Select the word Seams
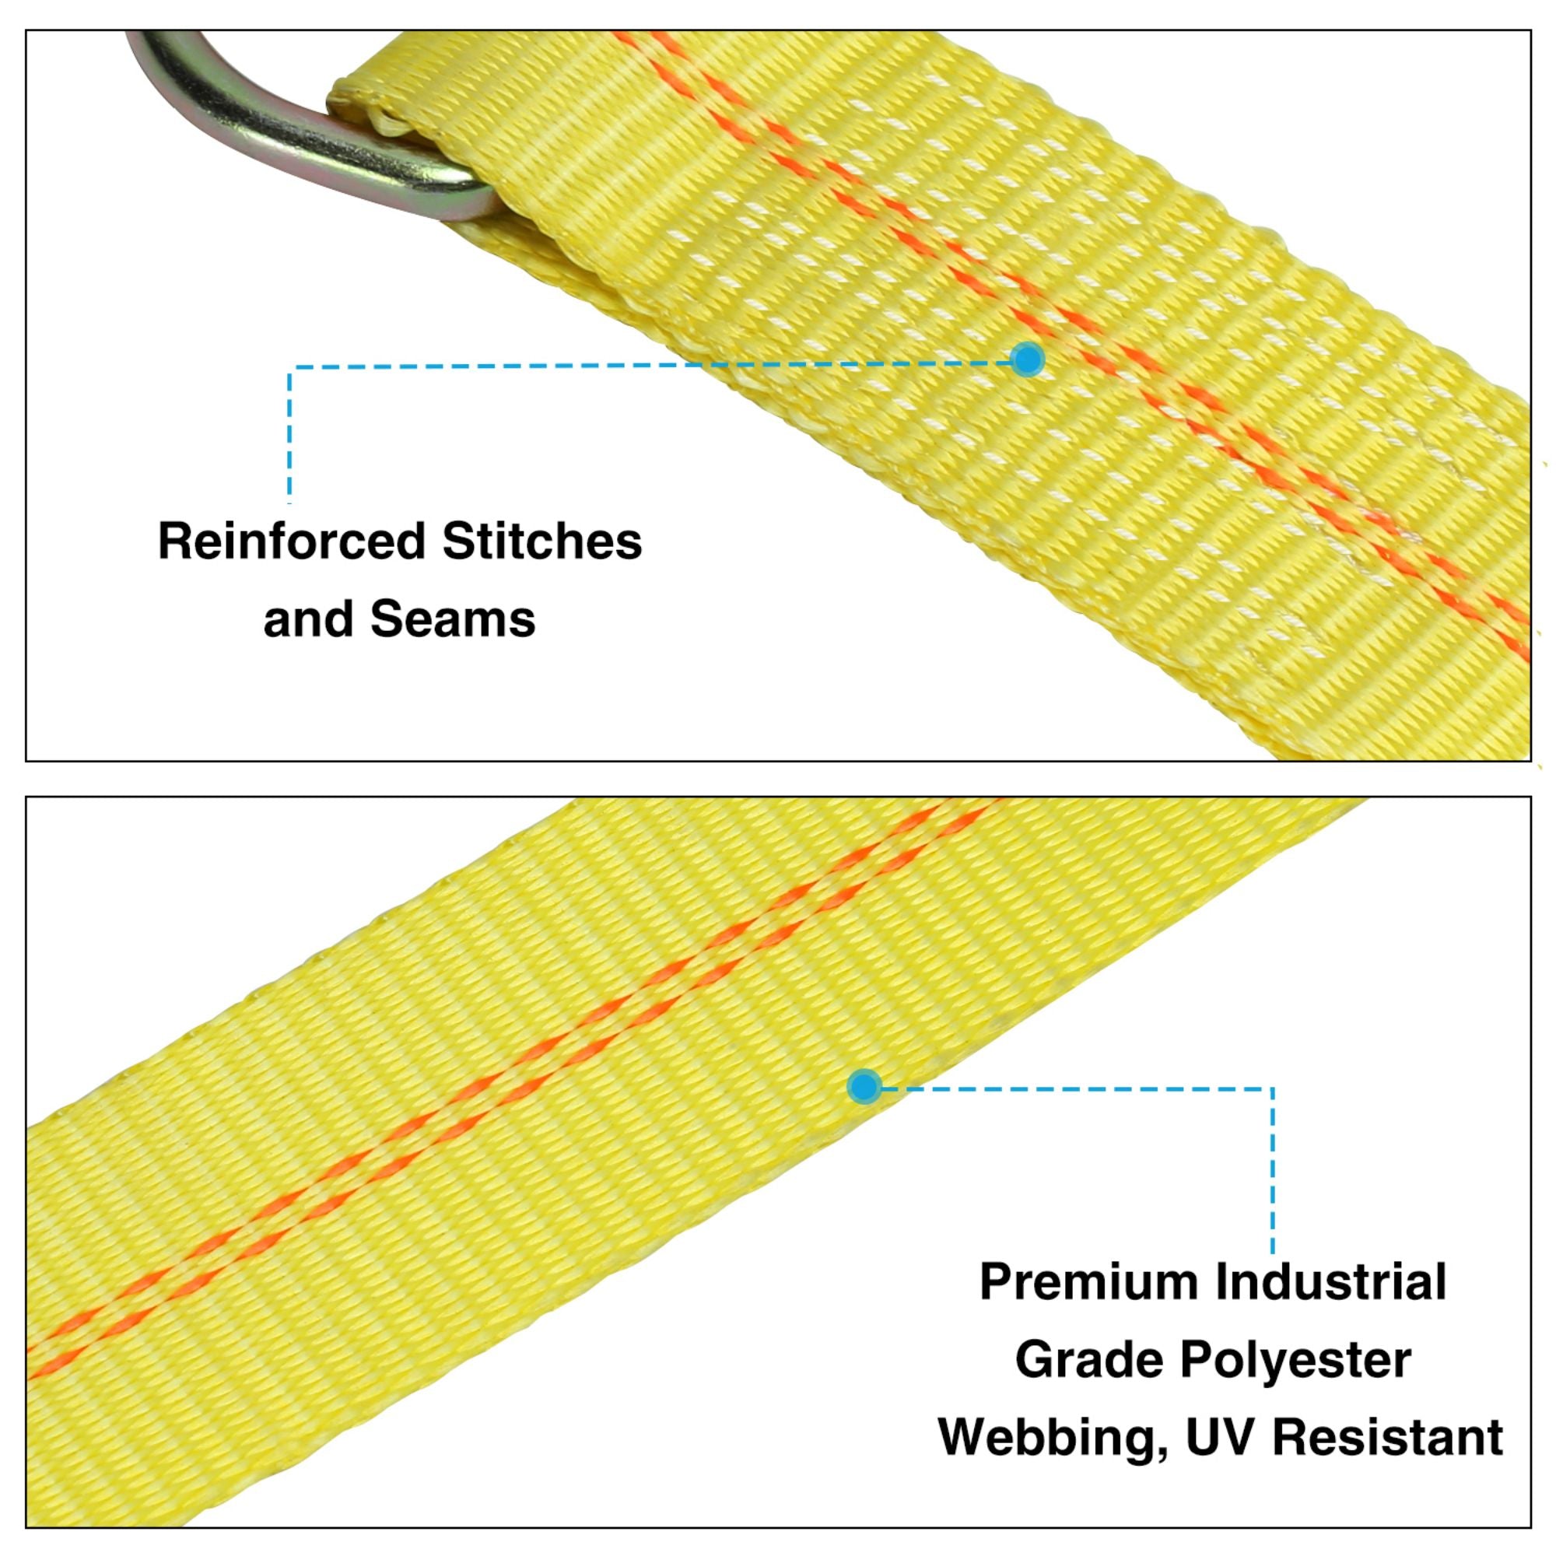tap(453, 619)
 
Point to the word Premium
tap(1088, 1281)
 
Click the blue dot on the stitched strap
tap(1028, 359)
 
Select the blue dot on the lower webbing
tap(864, 1086)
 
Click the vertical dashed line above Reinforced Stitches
tap(290, 435)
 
